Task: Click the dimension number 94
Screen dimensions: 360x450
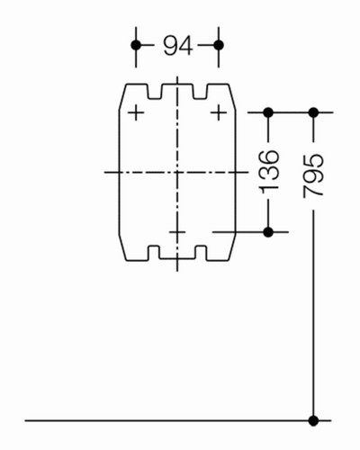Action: (x=177, y=46)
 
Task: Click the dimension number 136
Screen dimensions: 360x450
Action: (x=269, y=171)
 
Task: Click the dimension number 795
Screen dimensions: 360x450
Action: (x=313, y=175)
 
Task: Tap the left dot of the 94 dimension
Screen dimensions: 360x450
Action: (x=136, y=45)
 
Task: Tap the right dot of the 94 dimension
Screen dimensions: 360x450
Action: (x=219, y=45)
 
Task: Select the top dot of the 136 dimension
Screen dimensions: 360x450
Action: (x=268, y=112)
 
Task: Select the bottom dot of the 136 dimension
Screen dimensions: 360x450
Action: (x=268, y=232)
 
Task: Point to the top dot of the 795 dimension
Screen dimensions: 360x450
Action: (x=313, y=112)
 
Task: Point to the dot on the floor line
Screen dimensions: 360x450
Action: (x=313, y=420)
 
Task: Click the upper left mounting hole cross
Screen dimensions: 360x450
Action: (x=136, y=113)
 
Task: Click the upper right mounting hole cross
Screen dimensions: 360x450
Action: (x=219, y=113)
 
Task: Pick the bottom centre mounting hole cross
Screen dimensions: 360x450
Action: (x=177, y=232)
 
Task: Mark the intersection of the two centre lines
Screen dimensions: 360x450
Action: (x=177, y=172)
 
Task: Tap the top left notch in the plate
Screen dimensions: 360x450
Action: (x=155, y=91)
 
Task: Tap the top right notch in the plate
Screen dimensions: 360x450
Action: (x=200, y=91)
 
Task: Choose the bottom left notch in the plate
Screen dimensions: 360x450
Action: (x=154, y=253)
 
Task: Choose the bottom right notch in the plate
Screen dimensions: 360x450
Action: (x=201, y=253)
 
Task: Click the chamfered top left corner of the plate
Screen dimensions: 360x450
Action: (x=122, y=96)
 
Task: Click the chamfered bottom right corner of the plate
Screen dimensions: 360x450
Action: (x=232, y=247)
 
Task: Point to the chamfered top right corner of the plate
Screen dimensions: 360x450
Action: (x=232, y=97)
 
